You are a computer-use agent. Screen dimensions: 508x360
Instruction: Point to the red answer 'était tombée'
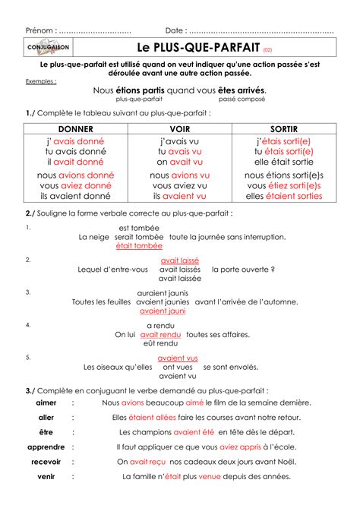(x=139, y=246)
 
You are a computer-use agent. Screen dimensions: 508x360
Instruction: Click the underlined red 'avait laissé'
(x=180, y=260)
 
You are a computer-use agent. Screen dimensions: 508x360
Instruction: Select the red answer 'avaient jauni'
(x=163, y=311)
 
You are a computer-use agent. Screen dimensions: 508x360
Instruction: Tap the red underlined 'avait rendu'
(x=160, y=334)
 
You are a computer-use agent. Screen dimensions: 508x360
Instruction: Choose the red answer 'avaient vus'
(x=178, y=358)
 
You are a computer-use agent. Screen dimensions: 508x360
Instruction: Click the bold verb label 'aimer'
(x=46, y=402)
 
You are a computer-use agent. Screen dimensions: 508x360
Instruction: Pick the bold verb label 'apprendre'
(x=46, y=446)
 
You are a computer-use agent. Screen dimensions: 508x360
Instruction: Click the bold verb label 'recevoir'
(x=46, y=461)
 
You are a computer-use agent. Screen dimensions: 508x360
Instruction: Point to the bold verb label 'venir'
(x=46, y=476)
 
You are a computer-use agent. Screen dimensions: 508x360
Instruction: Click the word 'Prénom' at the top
(x=39, y=30)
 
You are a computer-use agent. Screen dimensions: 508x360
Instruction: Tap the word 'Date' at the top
(x=174, y=30)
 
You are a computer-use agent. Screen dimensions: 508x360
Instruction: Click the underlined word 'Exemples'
(x=39, y=80)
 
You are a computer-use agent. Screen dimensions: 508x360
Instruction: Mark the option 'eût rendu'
(x=160, y=343)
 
